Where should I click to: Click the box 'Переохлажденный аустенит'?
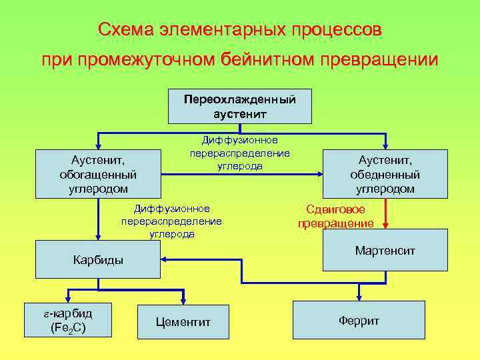pos(239,106)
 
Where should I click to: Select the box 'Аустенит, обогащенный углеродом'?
pos(97,174)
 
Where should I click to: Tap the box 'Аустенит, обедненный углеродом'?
pos(385,174)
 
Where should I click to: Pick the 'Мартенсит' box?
pos(385,251)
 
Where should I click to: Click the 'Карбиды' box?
pos(97,260)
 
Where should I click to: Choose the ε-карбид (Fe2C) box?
pos(67,320)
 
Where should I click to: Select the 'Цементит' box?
pos(183,322)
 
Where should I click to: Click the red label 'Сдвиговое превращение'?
pos(336,216)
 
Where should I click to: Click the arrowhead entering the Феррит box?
pos(359,297)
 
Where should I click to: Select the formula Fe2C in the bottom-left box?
pos(67,327)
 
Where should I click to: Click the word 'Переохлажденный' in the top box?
pos(239,100)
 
